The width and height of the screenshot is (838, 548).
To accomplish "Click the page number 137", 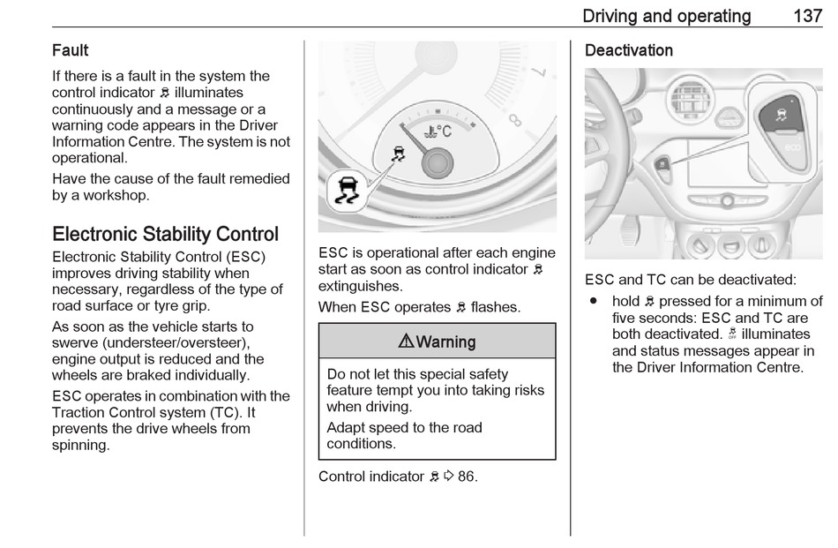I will coord(807,16).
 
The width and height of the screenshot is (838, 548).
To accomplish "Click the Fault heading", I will coord(71,51).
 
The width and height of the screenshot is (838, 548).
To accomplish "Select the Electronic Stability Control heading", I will coord(165,234).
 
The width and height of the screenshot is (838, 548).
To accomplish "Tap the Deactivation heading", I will coord(629,51).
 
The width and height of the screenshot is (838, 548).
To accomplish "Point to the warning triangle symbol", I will coord(407,342).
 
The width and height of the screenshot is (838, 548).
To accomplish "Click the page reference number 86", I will coord(467,477).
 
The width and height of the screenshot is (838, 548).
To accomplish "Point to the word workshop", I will coord(115,195).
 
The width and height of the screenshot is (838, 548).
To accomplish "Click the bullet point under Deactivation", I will coord(595,302).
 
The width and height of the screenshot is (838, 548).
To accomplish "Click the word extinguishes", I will coord(360,286).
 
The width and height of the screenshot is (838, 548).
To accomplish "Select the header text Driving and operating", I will coord(667,16).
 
